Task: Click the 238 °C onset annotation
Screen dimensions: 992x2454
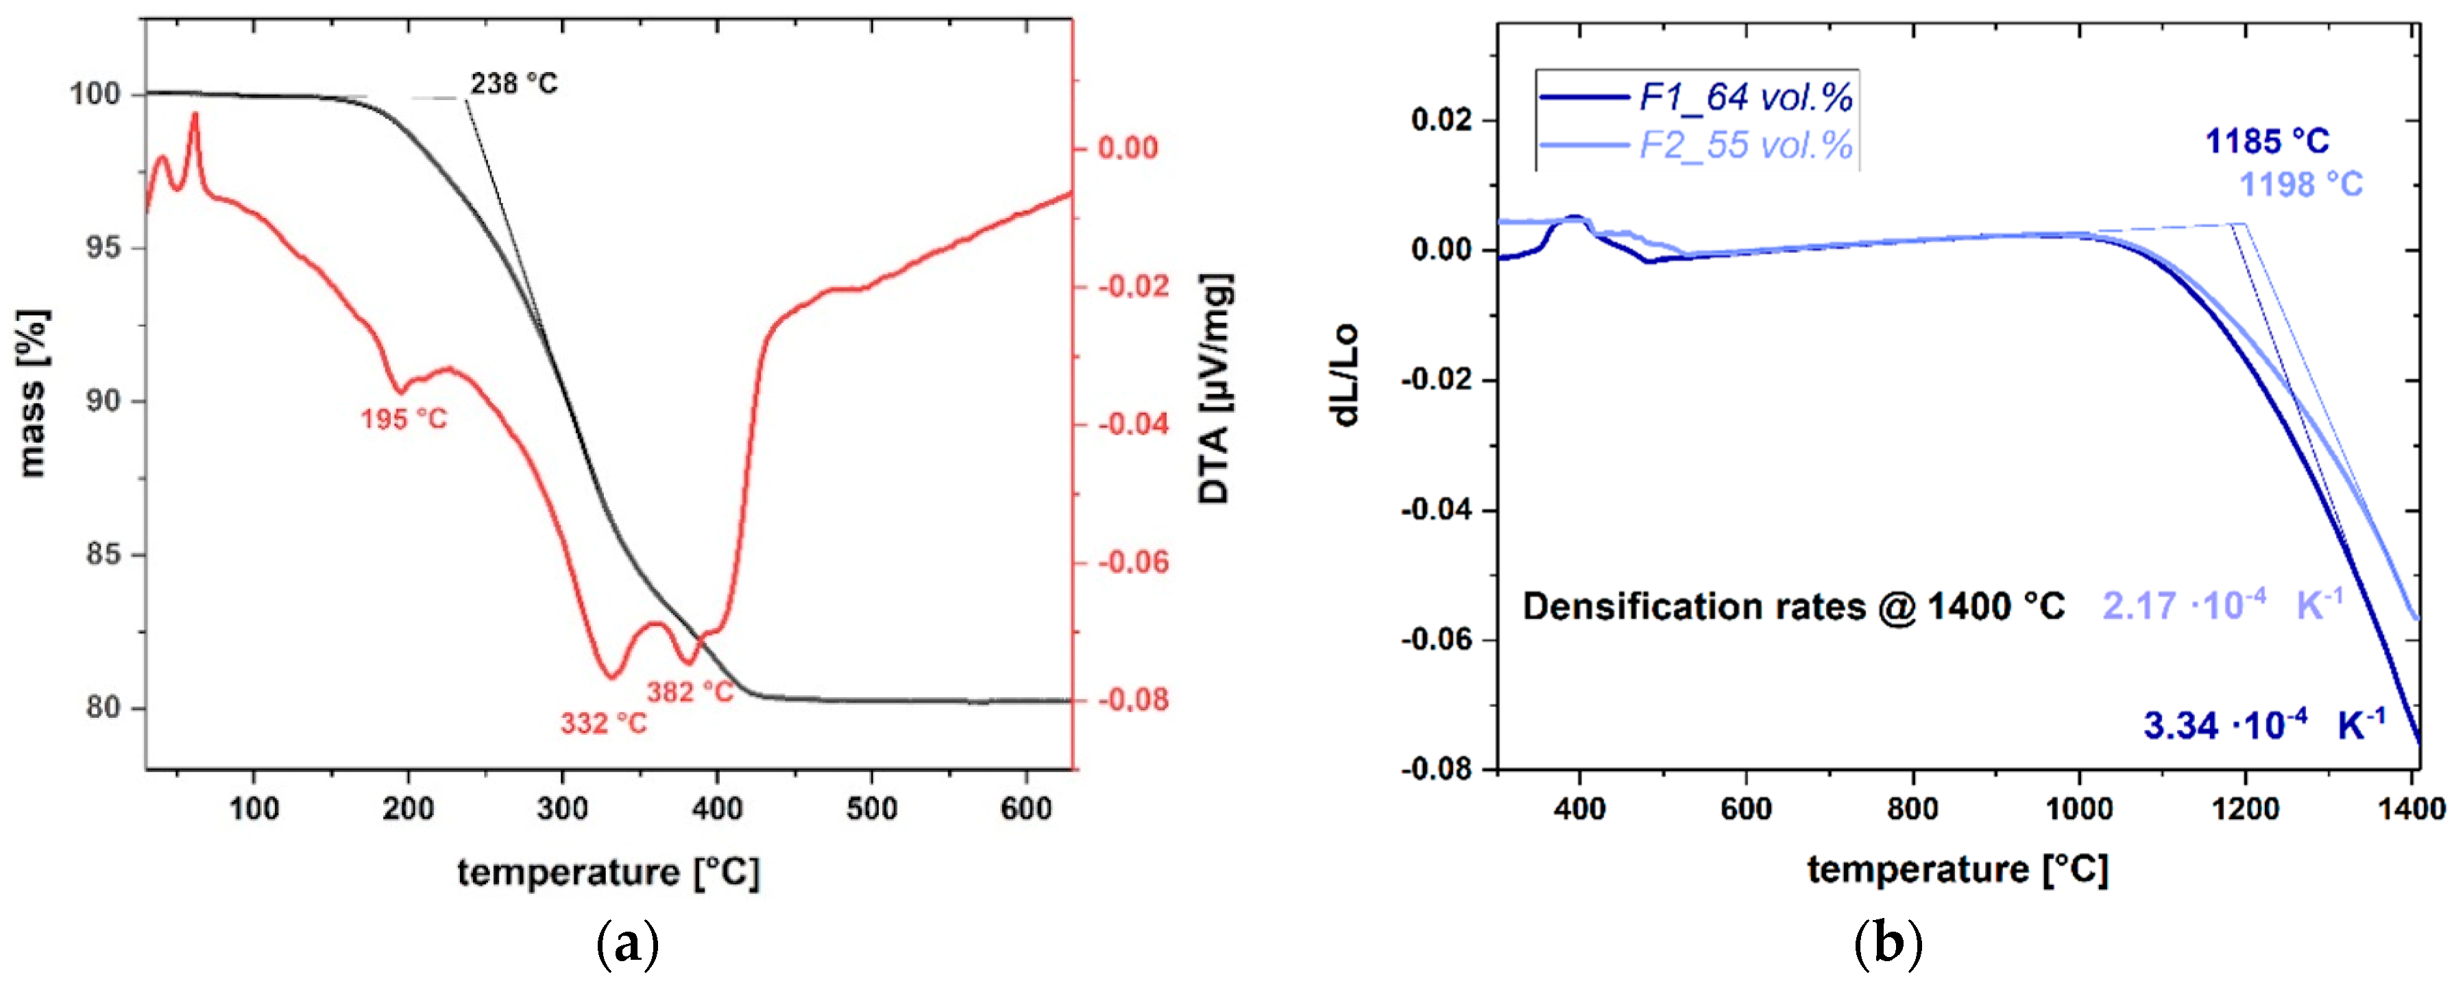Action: coord(513,84)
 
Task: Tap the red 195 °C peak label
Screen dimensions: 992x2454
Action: coord(403,420)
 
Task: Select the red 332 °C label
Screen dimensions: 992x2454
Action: coord(603,724)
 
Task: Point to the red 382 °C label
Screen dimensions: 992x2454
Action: coord(691,692)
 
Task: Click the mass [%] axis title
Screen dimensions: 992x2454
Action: coord(32,393)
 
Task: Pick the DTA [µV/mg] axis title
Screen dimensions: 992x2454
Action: coord(1215,388)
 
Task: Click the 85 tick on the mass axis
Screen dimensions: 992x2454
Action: coord(105,555)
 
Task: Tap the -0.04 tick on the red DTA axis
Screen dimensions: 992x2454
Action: coord(1132,424)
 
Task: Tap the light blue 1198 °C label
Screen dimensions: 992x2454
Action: coord(2300,184)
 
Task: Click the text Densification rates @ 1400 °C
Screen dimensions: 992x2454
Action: coord(1793,607)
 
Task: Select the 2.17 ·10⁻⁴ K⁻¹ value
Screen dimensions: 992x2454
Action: coord(2222,605)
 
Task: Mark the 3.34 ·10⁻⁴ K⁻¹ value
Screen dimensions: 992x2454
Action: coord(2263,725)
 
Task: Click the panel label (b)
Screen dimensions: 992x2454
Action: coord(1888,944)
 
